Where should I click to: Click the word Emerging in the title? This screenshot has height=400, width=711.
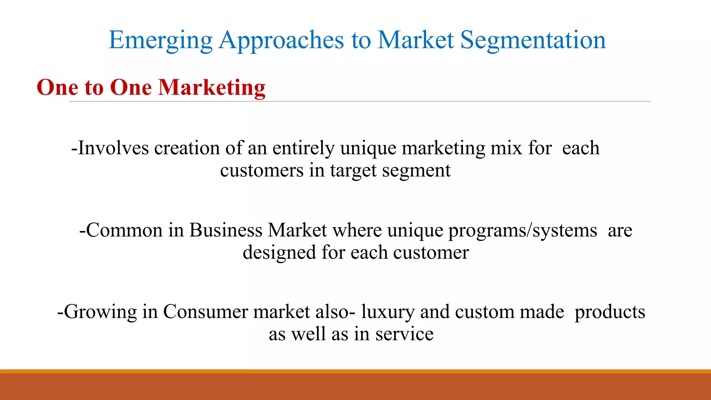(160, 41)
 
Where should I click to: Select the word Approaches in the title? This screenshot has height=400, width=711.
(282, 41)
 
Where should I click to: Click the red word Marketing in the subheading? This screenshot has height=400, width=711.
(212, 87)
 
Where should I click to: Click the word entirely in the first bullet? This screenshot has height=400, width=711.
(303, 149)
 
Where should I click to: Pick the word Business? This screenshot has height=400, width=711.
(226, 230)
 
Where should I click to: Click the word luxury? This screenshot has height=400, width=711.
(388, 312)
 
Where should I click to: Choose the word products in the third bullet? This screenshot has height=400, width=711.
(610, 312)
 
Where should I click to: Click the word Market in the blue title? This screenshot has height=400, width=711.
(415, 40)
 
